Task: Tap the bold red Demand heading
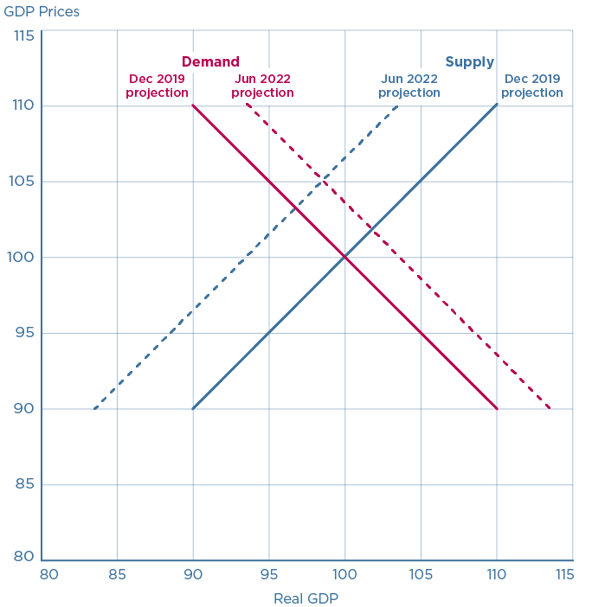[x=210, y=61]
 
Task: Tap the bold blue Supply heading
[x=469, y=61]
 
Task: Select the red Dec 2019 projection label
[x=158, y=86]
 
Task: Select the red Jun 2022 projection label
[x=262, y=86]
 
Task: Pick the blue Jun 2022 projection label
[x=409, y=86]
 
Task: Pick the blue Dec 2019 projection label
[x=531, y=86]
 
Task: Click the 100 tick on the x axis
[x=344, y=574]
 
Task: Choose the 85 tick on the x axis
[x=117, y=574]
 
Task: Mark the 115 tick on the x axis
[x=563, y=574]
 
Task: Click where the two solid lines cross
[x=344, y=257]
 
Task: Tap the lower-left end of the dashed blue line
[x=93, y=408]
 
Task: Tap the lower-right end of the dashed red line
[x=550, y=408]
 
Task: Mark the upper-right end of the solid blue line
[x=497, y=105]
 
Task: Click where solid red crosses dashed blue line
[x=294, y=208]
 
